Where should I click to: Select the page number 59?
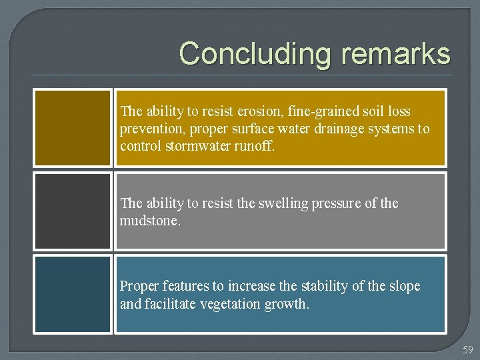tap(468, 349)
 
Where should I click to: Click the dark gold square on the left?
tap(73, 127)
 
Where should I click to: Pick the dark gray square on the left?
tap(73, 211)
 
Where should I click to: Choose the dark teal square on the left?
tap(73, 295)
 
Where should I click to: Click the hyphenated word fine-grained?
tap(321, 111)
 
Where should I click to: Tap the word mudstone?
tap(149, 221)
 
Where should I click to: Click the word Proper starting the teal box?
tap(138, 287)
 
